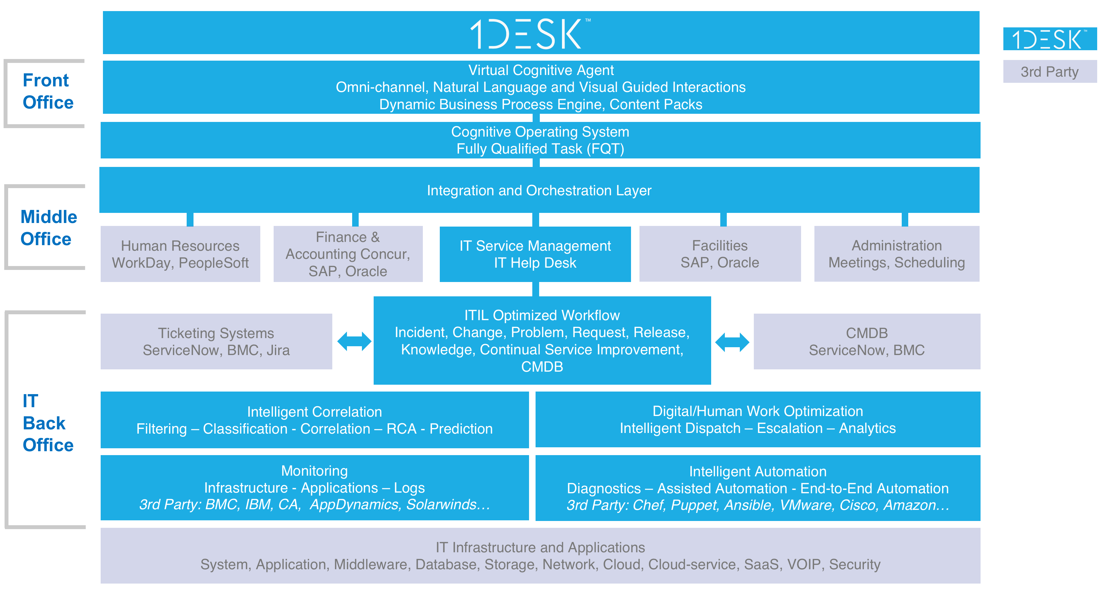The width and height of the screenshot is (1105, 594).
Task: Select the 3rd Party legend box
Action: click(1049, 72)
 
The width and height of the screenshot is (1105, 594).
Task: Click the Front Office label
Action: click(47, 91)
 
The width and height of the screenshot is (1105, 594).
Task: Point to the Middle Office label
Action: click(48, 228)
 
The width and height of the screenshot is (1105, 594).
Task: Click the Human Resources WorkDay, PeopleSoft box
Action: click(180, 254)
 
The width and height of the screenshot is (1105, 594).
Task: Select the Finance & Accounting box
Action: click(348, 254)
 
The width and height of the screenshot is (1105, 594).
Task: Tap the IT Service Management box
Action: click(535, 254)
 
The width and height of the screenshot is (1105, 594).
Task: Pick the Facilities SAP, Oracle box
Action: click(720, 254)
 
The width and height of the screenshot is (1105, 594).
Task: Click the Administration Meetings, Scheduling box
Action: click(897, 254)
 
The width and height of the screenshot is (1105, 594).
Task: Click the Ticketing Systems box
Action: click(216, 342)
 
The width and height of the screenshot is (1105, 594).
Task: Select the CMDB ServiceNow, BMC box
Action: click(867, 342)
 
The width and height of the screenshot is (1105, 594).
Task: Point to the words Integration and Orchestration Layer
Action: click(539, 191)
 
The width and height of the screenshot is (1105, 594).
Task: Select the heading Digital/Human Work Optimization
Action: click(757, 411)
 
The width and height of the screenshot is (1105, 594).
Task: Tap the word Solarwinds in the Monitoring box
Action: click(442, 505)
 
